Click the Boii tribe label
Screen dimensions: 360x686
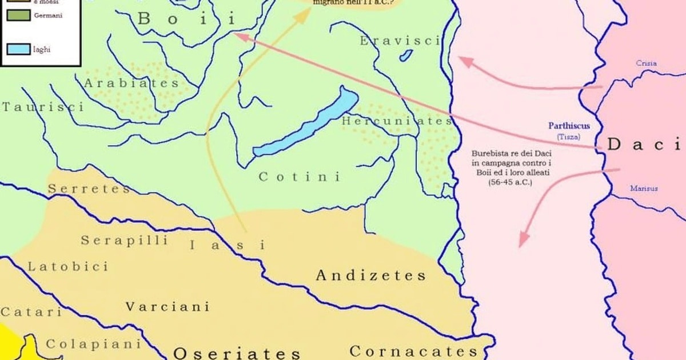pos(186,19)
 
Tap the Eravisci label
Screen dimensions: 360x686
pos(400,41)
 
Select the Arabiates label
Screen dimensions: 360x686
pos(131,83)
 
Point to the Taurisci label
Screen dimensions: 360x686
pos(42,107)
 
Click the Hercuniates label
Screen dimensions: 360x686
pos(397,121)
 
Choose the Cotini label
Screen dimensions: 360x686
pos(300,177)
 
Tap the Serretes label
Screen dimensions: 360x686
pos(89,189)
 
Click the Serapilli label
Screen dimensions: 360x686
pos(124,241)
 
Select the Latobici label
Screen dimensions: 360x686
pos(68,267)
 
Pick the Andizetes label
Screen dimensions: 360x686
pos(371,276)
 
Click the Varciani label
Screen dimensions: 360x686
pos(167,307)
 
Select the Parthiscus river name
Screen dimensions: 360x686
pos(568,126)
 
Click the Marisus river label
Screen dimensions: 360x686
pos(644,188)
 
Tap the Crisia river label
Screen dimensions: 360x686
pos(647,63)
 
